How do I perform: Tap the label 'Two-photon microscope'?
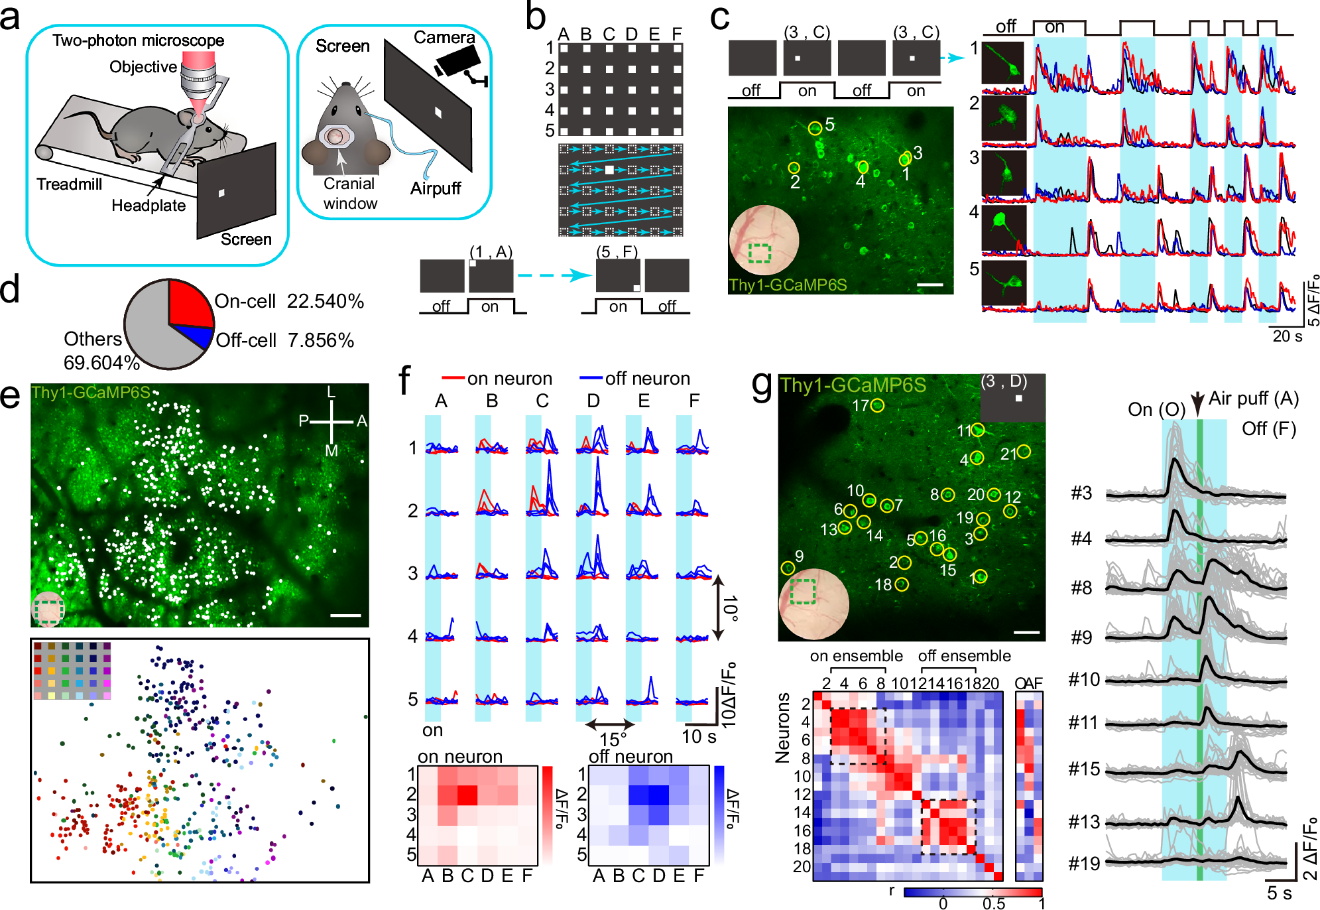click(x=138, y=40)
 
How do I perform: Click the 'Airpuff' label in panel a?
click(x=435, y=188)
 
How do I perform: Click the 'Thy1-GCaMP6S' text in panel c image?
click(x=788, y=285)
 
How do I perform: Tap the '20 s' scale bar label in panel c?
click(x=1287, y=336)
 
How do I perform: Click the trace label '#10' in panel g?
click(x=1084, y=679)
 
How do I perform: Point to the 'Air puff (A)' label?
click(x=1253, y=399)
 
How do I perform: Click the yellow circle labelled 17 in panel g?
click(x=877, y=405)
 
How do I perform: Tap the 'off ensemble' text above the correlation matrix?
click(x=964, y=656)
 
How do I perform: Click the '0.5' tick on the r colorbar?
click(x=993, y=903)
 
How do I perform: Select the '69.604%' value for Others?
click(x=101, y=363)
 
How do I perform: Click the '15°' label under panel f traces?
click(x=613, y=740)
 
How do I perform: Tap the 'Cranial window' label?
click(x=349, y=194)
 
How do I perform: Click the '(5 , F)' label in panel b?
click(x=617, y=252)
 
